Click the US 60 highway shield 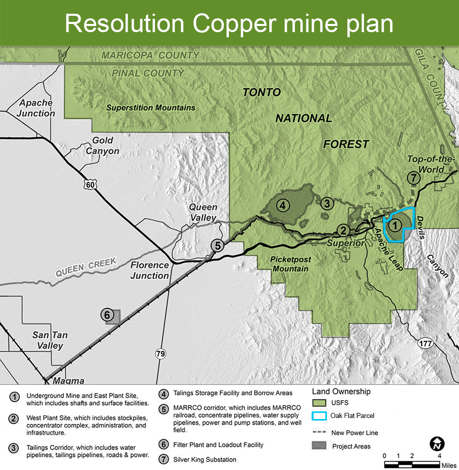coord(90,185)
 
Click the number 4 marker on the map coord(283,206)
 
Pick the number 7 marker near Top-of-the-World coord(414,178)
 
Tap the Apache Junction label coord(36,108)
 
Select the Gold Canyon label coord(103,146)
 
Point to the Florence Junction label coord(149,270)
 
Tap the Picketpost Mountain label coord(290,264)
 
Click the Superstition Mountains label coord(151,108)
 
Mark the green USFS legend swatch coord(319,403)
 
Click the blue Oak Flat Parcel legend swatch coord(319,416)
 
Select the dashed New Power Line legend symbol coord(319,433)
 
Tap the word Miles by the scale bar coord(449,465)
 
